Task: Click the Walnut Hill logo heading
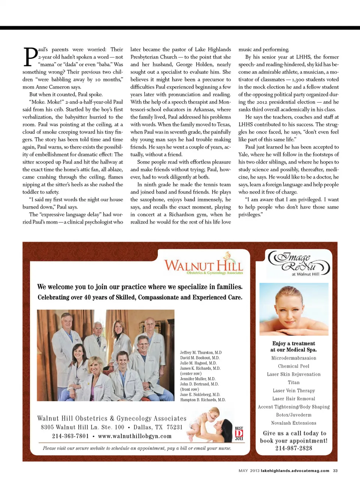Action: coord(203,265)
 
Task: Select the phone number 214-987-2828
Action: coord(294,448)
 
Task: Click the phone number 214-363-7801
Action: coord(70,436)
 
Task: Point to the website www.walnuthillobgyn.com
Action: coord(135,436)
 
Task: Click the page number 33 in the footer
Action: coord(335,470)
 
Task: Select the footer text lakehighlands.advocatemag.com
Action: coord(295,470)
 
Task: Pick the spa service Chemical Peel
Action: coord(294,366)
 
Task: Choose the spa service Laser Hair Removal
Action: coord(294,399)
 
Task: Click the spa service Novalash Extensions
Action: coord(294,423)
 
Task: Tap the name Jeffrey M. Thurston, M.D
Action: coord(201,353)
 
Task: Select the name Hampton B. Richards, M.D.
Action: coord(202,400)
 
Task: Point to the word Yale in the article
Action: coord(244,154)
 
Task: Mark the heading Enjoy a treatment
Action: coord(294,343)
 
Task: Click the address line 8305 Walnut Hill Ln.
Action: coord(82,427)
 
